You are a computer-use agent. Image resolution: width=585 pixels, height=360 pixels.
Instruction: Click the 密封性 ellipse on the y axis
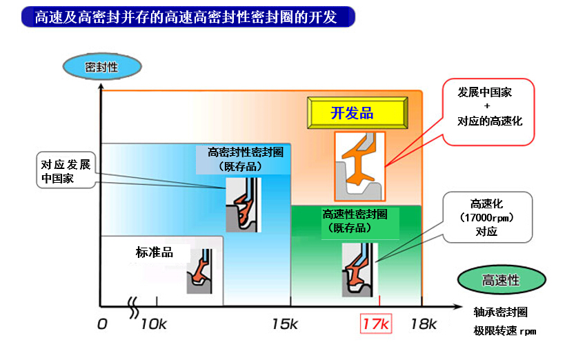click(x=102, y=67)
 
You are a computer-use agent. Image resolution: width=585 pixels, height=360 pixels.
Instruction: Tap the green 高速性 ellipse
click(x=502, y=280)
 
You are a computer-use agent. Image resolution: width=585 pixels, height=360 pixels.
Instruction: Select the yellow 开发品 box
click(x=357, y=112)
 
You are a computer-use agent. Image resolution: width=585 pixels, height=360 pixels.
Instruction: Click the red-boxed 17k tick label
click(x=376, y=324)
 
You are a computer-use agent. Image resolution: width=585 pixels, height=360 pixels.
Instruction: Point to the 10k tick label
click(x=153, y=324)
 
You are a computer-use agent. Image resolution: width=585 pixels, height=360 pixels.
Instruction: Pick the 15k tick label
click(x=285, y=324)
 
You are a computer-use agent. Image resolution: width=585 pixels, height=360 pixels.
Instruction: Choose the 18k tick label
click(x=424, y=324)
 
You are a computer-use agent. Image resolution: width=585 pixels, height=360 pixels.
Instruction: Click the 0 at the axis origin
click(x=102, y=324)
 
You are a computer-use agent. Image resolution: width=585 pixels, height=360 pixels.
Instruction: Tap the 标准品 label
click(x=155, y=252)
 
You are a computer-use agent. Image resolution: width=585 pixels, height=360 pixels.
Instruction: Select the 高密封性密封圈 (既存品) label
click(x=245, y=159)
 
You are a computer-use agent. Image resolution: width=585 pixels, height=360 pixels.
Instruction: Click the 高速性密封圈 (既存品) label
click(x=355, y=221)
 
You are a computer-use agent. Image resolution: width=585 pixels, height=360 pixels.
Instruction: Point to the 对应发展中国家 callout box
click(x=66, y=170)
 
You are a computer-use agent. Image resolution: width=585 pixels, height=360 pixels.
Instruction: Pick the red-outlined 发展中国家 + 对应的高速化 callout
click(x=488, y=112)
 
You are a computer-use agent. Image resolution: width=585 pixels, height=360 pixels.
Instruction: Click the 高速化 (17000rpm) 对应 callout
click(x=487, y=217)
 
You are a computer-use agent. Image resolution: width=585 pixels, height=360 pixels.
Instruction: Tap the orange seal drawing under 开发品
click(x=359, y=166)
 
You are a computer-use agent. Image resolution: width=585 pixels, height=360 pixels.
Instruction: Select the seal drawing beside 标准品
click(x=199, y=271)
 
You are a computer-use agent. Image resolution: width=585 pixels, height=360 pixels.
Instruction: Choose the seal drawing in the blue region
click(x=244, y=205)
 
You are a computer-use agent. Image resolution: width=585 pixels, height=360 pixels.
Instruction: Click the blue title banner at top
click(x=188, y=17)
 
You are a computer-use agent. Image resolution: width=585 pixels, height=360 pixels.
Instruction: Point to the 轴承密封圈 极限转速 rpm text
click(x=504, y=321)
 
